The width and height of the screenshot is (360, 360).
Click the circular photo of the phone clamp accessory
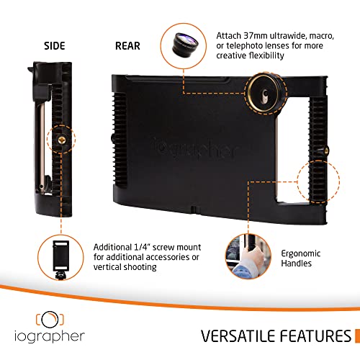pyautogui.click(x=58, y=256)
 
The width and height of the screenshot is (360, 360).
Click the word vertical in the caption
pyautogui.click(x=109, y=269)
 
